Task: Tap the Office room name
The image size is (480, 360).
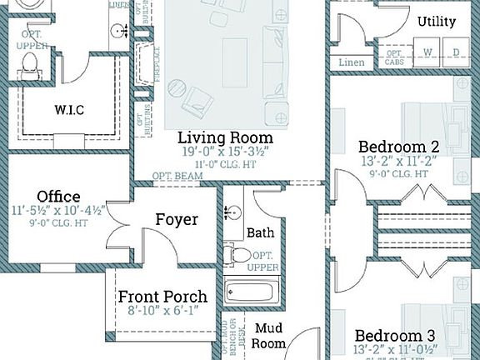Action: (58, 197)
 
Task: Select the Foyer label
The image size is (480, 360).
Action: (177, 219)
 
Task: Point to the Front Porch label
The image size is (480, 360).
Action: (162, 297)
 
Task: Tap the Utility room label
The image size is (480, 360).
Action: (437, 21)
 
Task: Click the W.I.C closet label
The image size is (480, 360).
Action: (70, 109)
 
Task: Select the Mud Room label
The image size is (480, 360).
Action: (271, 335)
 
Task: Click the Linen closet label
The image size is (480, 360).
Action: (352, 62)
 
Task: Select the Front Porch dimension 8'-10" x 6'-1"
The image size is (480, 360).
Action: (162, 312)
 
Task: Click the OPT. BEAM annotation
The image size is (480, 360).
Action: (173, 177)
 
